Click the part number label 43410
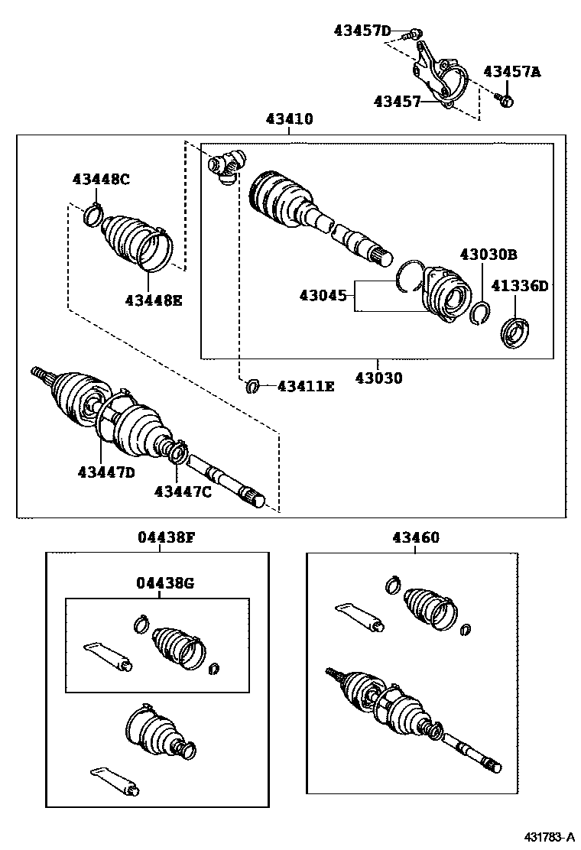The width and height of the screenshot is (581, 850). (289, 119)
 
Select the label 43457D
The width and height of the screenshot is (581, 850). (362, 31)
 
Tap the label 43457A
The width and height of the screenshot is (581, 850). (511, 72)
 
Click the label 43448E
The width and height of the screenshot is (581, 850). (154, 300)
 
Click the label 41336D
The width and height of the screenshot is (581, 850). (519, 286)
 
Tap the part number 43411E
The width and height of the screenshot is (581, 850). (306, 387)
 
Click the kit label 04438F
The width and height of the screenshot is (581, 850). (166, 537)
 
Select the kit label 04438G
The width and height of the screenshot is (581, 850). (166, 584)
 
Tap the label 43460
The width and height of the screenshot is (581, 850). (416, 537)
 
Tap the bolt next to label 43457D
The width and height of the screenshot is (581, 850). (414, 32)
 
